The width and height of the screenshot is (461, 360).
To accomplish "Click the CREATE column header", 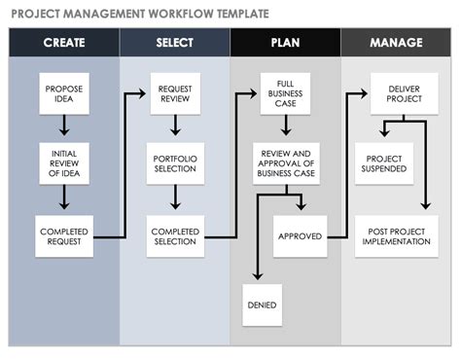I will click(x=63, y=43).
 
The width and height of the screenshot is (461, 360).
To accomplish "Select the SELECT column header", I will click(x=175, y=43).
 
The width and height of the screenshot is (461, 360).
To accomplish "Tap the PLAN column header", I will click(x=286, y=43).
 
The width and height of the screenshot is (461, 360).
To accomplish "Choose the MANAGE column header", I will click(x=396, y=43).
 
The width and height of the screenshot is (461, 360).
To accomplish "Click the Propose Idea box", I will click(x=64, y=93).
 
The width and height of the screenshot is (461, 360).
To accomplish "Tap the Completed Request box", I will click(x=64, y=236).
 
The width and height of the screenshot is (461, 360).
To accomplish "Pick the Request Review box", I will click(x=175, y=93).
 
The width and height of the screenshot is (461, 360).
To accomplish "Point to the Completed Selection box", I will click(x=175, y=236).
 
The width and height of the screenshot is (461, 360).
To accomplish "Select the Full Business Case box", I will click(x=286, y=93).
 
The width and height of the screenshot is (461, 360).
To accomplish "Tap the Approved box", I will click(x=300, y=236).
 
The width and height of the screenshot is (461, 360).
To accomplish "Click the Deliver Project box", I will click(x=397, y=93).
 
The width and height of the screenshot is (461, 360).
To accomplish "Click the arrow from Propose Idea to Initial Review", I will click(x=64, y=126).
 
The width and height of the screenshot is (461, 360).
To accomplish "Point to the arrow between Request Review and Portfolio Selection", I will click(x=175, y=126).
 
